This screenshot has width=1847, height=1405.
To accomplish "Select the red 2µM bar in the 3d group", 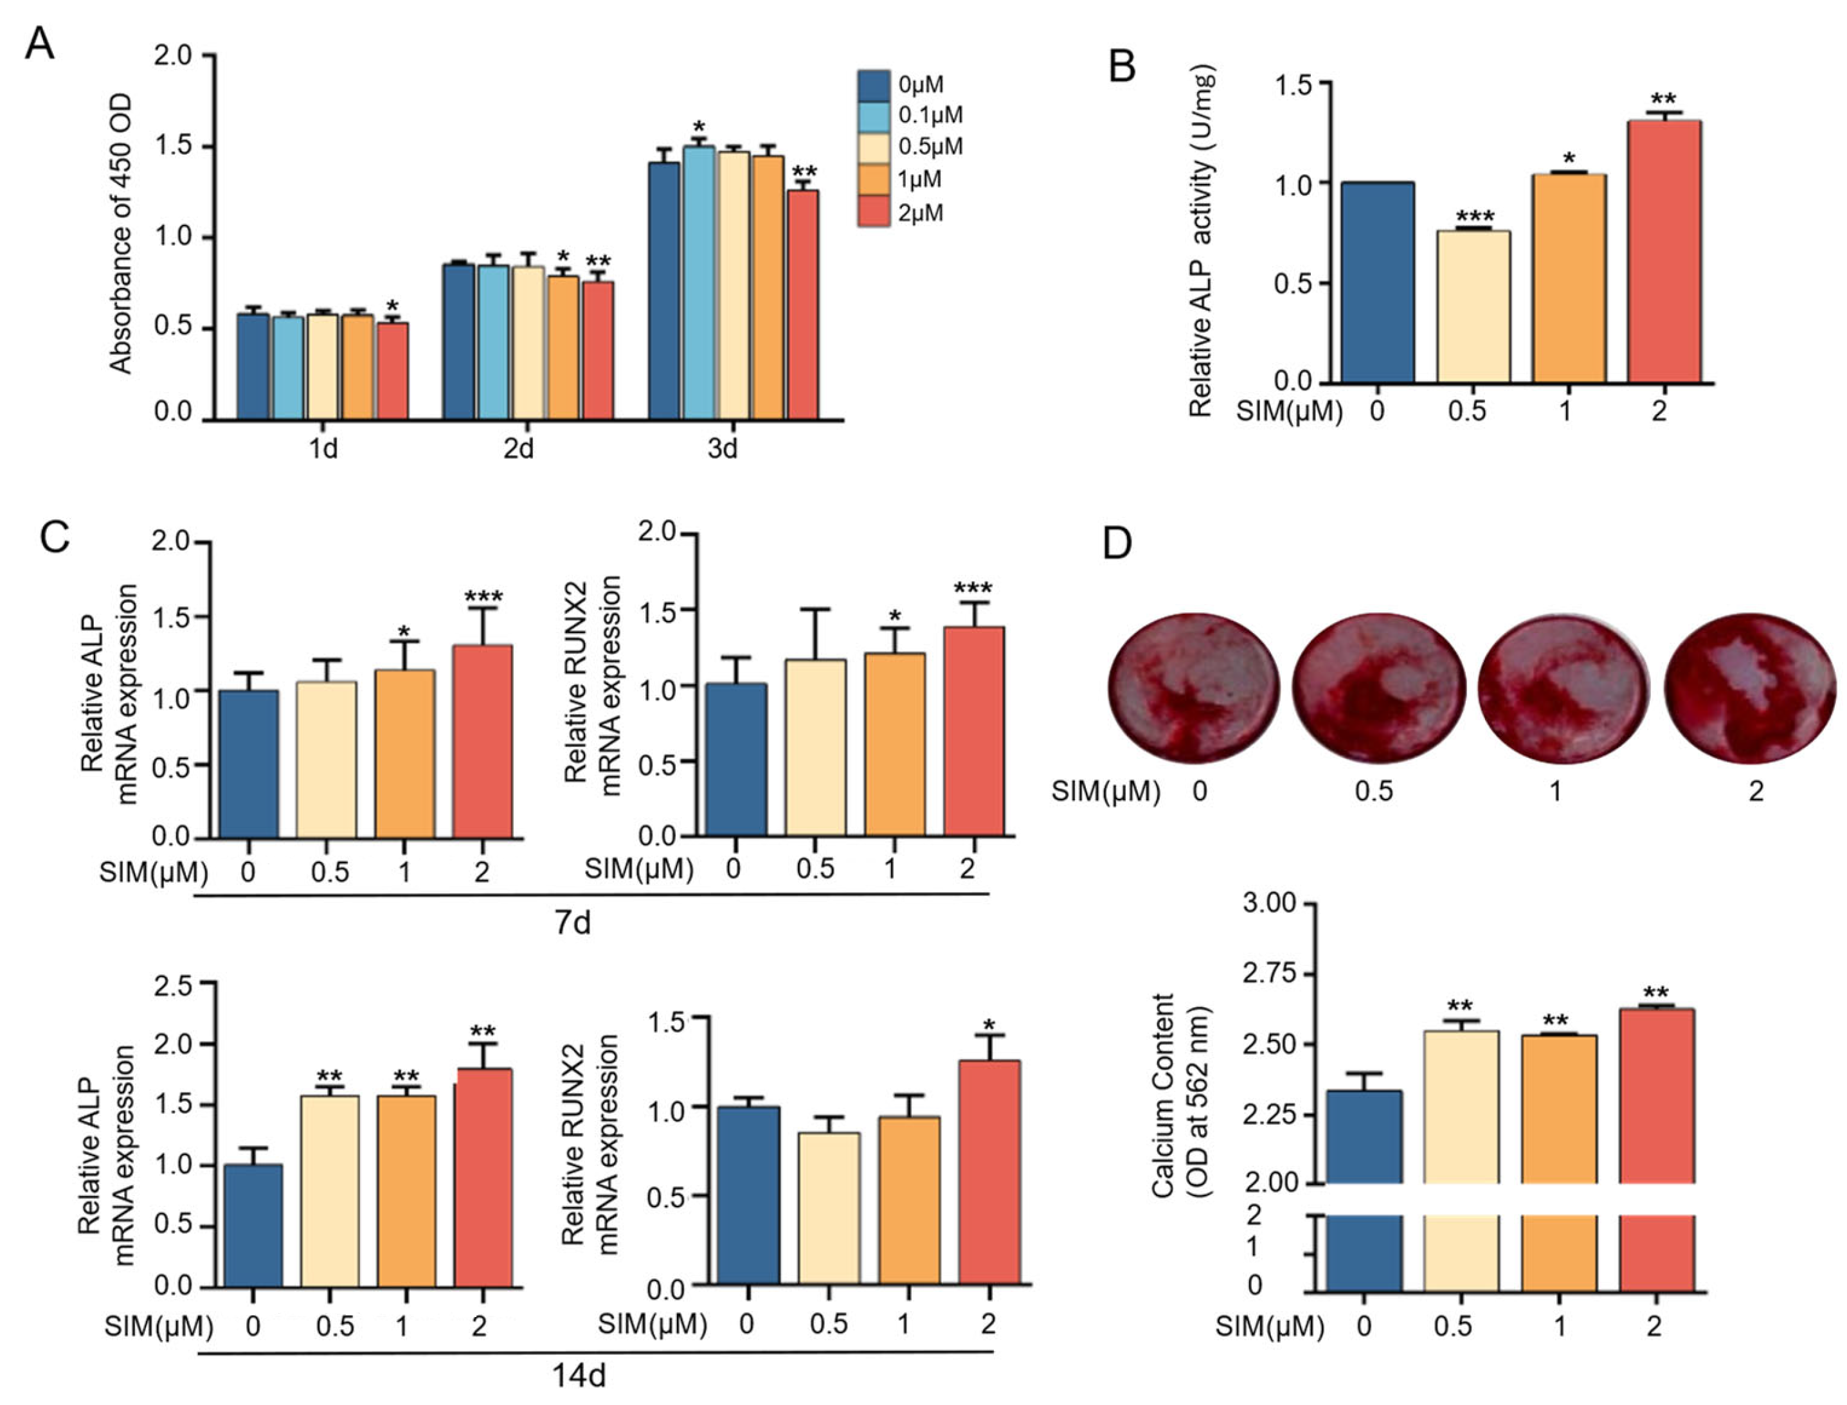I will pyautogui.click(x=803, y=305).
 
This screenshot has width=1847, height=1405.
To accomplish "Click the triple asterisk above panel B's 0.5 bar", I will pyautogui.click(x=1474, y=217).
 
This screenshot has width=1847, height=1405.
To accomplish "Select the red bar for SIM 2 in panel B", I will pyautogui.click(x=1664, y=251).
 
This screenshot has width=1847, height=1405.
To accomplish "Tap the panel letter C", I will pyautogui.click(x=55, y=538).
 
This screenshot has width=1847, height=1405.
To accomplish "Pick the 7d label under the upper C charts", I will pyautogui.click(x=574, y=922).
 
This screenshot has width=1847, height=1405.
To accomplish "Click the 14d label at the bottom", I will pyautogui.click(x=579, y=1375).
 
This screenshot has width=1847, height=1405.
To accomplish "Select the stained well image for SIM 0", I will pyautogui.click(x=1194, y=688).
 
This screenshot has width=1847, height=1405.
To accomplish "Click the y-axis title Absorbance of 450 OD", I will pyautogui.click(x=122, y=234).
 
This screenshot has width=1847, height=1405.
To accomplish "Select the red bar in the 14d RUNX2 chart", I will pyautogui.click(x=989, y=1171).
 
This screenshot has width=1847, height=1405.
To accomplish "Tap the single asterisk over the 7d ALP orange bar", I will pyautogui.click(x=404, y=631).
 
